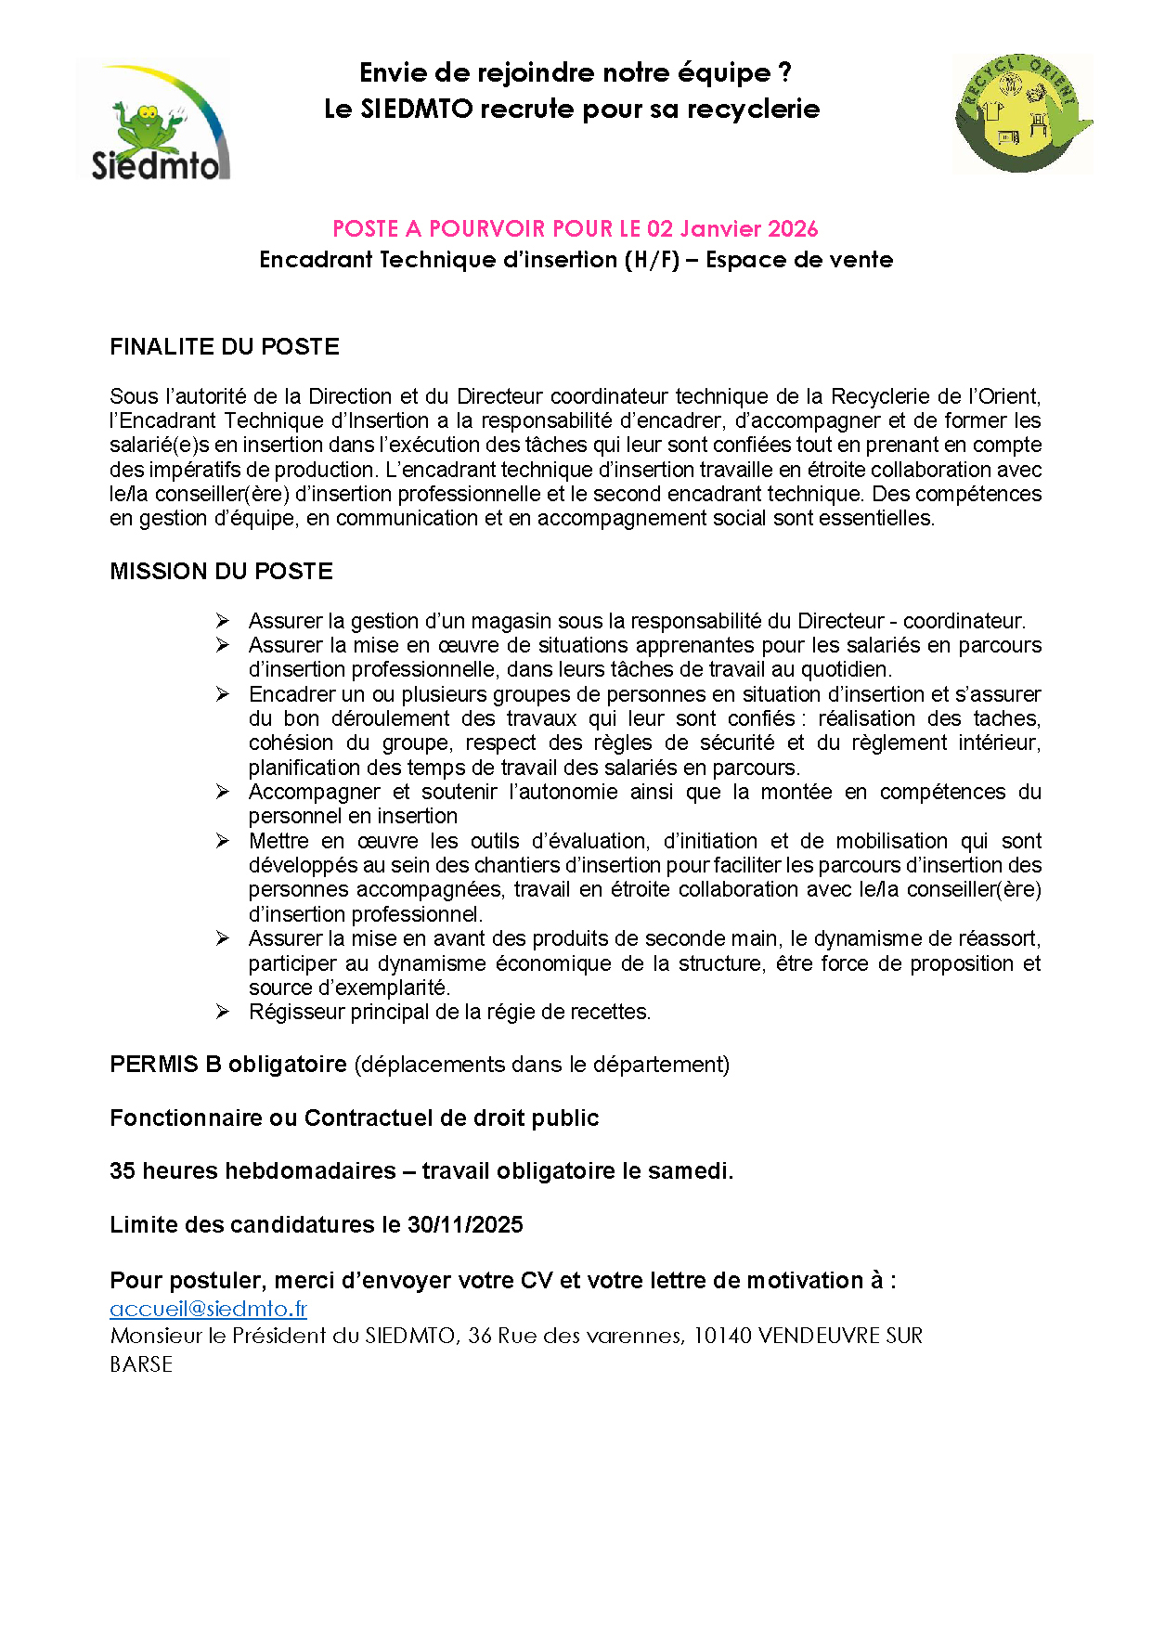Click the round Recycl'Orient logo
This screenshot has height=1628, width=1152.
(x=1022, y=113)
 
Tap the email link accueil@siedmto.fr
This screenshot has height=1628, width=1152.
(x=208, y=1309)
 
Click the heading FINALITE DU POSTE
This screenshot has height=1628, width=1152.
(x=225, y=347)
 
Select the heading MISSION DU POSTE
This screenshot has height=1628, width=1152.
(x=221, y=572)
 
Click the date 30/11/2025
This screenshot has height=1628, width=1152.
(x=465, y=1225)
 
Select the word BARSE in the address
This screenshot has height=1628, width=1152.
(x=141, y=1364)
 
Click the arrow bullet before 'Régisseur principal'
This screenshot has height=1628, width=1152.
(x=223, y=1012)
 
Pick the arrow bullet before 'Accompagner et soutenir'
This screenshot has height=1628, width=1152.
(x=223, y=792)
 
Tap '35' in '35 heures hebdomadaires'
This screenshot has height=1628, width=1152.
(x=123, y=1171)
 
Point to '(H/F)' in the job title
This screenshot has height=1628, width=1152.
(x=652, y=260)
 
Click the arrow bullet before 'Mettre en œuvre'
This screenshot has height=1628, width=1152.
(x=223, y=841)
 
